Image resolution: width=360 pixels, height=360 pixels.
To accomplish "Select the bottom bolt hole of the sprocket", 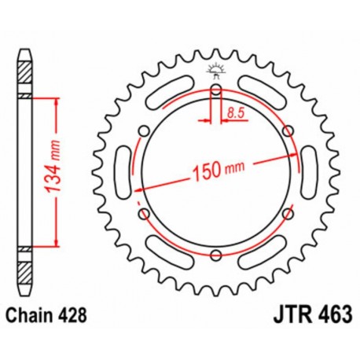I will click(215, 253).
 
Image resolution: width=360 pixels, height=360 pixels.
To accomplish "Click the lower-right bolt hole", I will click(287, 212).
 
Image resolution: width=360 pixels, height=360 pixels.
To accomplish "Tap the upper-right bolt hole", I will click(287, 130).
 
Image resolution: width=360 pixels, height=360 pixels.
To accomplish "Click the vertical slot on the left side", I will click(123, 171).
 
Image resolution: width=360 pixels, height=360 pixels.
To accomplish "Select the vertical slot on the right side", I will click(307, 171).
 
